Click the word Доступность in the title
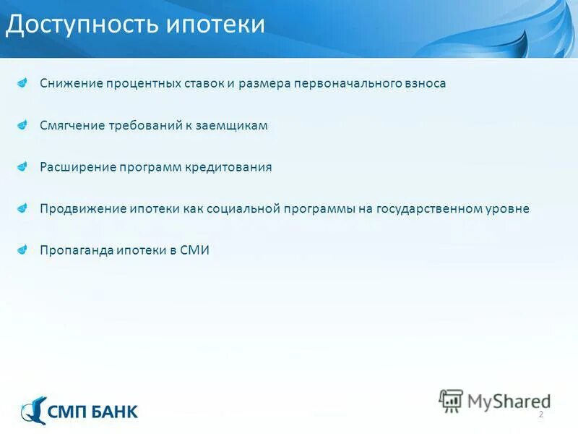tap(84, 25)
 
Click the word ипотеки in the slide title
tap(216, 25)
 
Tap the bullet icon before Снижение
tap(24, 82)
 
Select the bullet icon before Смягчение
tap(24, 124)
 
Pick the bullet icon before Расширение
tap(24, 166)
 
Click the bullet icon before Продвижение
tap(24, 208)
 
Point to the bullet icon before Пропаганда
tap(24, 250)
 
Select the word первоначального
tap(346, 83)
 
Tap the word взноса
tap(425, 83)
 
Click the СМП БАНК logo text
tap(92, 412)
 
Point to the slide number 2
tap(540, 414)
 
